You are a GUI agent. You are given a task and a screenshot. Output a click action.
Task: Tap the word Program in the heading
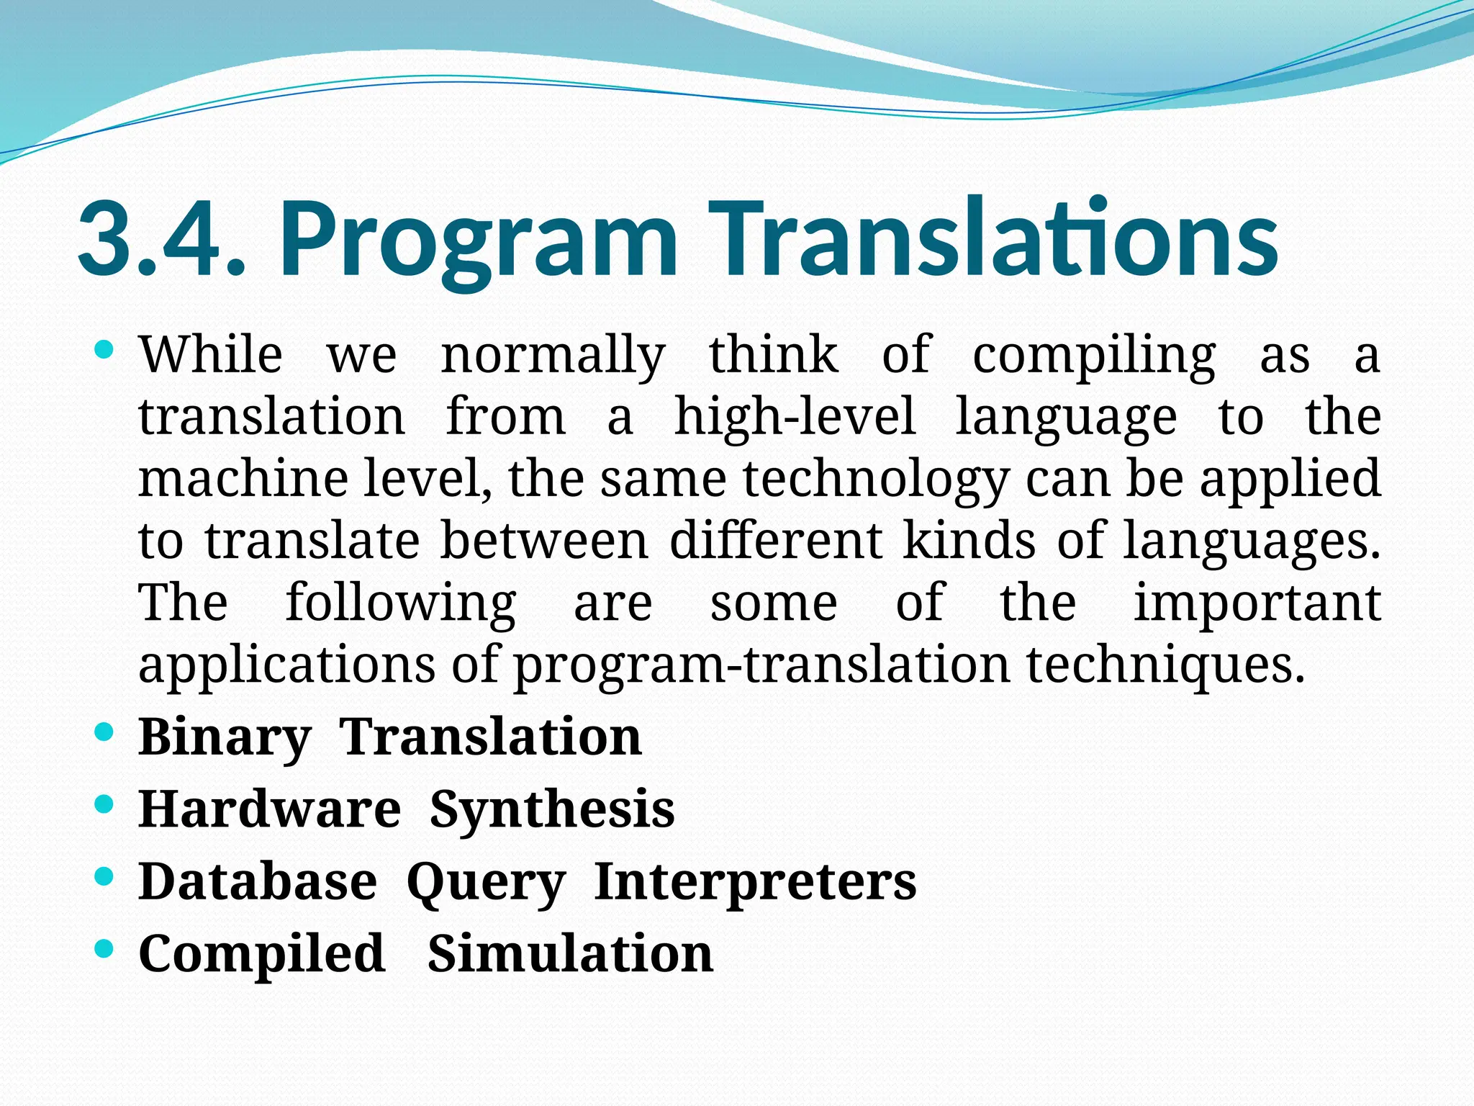point(478,241)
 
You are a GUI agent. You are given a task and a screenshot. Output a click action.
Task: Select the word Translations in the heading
point(993,238)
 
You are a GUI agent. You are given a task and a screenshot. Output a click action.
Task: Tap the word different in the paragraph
point(775,541)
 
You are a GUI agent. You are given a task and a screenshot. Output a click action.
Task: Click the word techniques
point(1165,666)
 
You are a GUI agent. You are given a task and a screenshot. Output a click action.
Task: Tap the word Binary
point(225,738)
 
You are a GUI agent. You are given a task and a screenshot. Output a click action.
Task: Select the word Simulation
point(570,954)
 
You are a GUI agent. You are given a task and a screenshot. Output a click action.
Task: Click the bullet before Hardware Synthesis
point(104,804)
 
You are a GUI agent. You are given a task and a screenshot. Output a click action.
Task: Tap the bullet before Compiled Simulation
point(104,948)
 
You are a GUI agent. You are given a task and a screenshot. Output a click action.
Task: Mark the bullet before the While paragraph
point(104,351)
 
